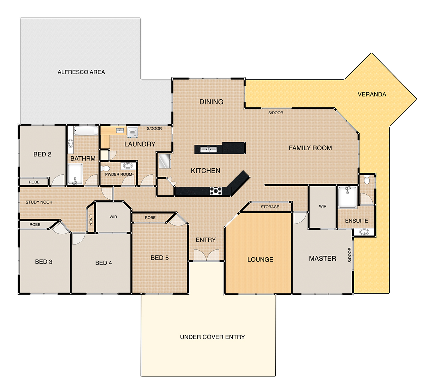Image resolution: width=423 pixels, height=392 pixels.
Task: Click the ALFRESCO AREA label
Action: pos(81,72)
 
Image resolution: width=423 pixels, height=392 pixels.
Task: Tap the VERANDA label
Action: pos(372,94)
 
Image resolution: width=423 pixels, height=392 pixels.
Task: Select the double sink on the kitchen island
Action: pos(209,150)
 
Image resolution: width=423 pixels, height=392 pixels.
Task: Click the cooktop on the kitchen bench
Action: pos(215,191)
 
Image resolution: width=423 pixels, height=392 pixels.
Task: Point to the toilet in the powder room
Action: pos(105,168)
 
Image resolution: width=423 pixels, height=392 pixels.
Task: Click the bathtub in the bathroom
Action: pos(86,131)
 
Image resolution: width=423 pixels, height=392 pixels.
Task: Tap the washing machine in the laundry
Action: pos(132,132)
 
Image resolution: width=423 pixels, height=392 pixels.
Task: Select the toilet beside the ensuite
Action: pos(367,180)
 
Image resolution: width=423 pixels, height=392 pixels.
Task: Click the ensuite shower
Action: pos(348,197)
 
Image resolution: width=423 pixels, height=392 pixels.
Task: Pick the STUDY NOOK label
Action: pos(39,202)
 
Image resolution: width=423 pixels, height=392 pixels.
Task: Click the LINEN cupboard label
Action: pos(91,220)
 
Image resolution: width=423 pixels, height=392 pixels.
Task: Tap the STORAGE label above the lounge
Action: pos(270,207)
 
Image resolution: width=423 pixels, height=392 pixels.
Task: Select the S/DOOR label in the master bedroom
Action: pos(350,255)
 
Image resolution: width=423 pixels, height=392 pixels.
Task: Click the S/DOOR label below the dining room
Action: pos(276,113)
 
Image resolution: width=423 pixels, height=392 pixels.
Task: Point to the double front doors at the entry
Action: pos(206,255)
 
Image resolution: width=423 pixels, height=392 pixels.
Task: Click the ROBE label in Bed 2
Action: pos(34,182)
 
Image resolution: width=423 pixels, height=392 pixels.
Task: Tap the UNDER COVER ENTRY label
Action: pos(212,337)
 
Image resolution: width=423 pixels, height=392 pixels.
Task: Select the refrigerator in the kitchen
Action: pos(165,161)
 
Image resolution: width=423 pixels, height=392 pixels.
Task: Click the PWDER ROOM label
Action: pos(118,174)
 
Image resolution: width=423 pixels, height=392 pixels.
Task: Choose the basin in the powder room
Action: pos(128,165)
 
